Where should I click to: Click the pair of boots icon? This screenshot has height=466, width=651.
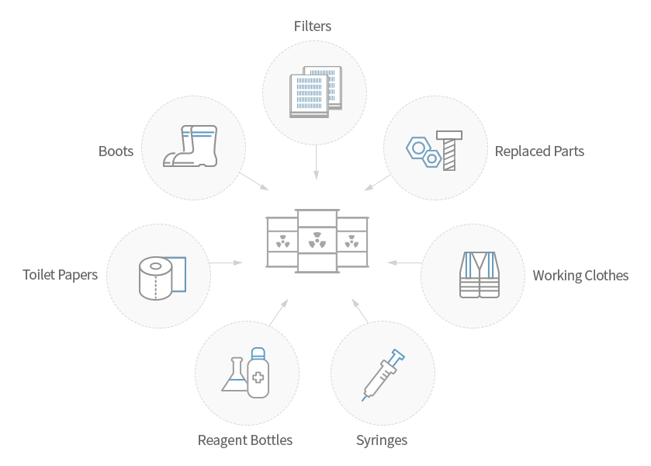(x=191, y=147)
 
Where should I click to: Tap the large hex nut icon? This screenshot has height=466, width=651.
(x=417, y=148)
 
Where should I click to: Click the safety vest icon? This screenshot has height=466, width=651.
(x=479, y=275)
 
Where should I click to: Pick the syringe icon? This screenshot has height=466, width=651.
(x=383, y=374)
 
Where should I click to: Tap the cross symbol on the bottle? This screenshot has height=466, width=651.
(x=258, y=381)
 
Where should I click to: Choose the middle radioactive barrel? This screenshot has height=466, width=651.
(x=317, y=241)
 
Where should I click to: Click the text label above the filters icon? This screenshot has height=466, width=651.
(x=313, y=26)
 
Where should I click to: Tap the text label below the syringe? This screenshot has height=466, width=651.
(x=382, y=440)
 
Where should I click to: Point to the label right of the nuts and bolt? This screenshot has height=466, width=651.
(x=540, y=151)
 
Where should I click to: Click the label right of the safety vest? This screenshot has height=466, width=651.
(x=580, y=276)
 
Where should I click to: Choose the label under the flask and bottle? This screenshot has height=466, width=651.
(x=245, y=440)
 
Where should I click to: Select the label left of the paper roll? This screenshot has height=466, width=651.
(x=60, y=275)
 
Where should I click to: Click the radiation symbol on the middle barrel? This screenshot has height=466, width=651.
(x=317, y=241)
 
